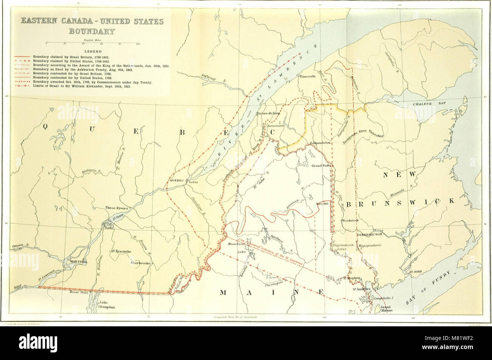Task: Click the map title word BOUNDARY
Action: click(92, 31)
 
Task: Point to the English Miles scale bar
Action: click(92, 44)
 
